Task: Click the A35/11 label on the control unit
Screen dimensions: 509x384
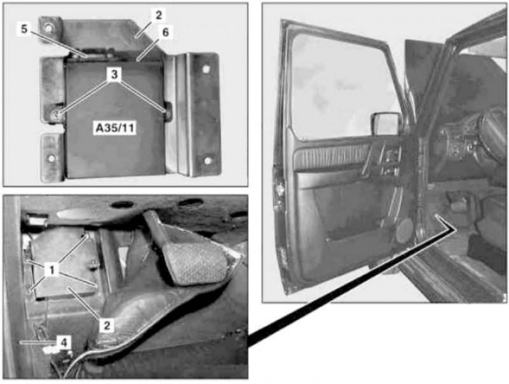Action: [x=115, y=128]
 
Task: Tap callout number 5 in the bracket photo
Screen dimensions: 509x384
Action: [x=24, y=29]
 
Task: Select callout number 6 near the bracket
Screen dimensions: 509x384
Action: [x=165, y=32]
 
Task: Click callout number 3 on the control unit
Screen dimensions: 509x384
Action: [x=114, y=74]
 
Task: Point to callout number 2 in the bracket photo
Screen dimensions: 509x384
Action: [x=158, y=15]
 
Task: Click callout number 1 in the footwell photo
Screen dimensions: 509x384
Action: [x=52, y=269]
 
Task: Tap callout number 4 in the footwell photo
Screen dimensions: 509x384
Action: [x=64, y=341]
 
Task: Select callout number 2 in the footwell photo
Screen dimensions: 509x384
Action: [x=107, y=325]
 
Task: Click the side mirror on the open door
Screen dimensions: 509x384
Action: [x=386, y=123]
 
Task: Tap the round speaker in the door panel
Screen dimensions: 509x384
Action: [x=405, y=230]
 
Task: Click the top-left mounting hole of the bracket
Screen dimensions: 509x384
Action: [x=48, y=27]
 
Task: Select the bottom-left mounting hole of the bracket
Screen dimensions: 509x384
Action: [x=50, y=159]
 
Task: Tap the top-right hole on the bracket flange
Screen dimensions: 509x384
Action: [x=206, y=69]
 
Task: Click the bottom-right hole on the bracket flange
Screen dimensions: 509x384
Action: [x=207, y=161]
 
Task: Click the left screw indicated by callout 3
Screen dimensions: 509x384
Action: [x=56, y=114]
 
